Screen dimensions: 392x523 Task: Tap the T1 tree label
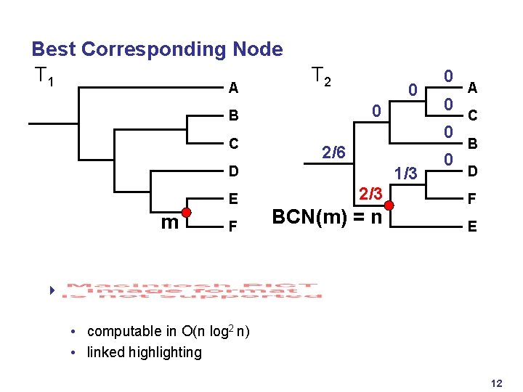(x=42, y=75)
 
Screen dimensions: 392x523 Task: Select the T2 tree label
(x=321, y=75)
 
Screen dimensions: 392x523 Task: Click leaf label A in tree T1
(x=233, y=89)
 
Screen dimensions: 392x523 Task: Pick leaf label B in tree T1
(x=233, y=116)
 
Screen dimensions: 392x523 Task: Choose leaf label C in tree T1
(x=233, y=144)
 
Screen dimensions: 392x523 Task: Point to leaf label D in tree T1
(x=233, y=172)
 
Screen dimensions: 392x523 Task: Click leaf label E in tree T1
(x=233, y=199)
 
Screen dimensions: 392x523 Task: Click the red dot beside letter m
(x=186, y=213)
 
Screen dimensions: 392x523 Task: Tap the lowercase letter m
(x=169, y=222)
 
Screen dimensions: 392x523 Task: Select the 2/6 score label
(x=333, y=153)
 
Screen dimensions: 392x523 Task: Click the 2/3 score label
(x=370, y=194)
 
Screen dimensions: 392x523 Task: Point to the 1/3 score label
(x=405, y=174)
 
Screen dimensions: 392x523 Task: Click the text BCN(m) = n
(x=326, y=217)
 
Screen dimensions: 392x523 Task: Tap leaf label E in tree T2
(x=472, y=226)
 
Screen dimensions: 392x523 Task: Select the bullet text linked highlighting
(x=144, y=353)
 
